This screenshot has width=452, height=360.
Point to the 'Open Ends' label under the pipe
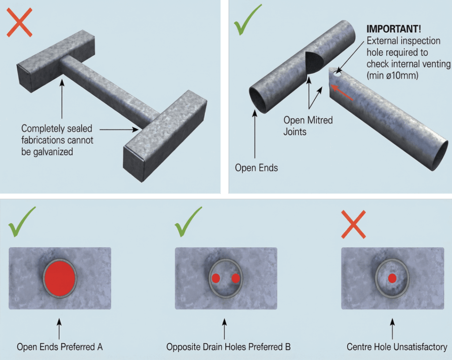256,168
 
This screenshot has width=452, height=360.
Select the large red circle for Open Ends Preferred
60,278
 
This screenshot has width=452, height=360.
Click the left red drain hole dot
216,278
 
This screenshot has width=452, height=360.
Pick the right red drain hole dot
236,278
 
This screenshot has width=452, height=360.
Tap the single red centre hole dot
392,278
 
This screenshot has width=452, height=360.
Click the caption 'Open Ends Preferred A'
60,347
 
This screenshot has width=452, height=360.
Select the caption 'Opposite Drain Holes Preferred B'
228,347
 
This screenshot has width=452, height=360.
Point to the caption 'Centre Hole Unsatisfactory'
396,347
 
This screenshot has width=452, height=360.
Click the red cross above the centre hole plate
353,224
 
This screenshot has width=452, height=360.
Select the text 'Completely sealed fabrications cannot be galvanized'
57,140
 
